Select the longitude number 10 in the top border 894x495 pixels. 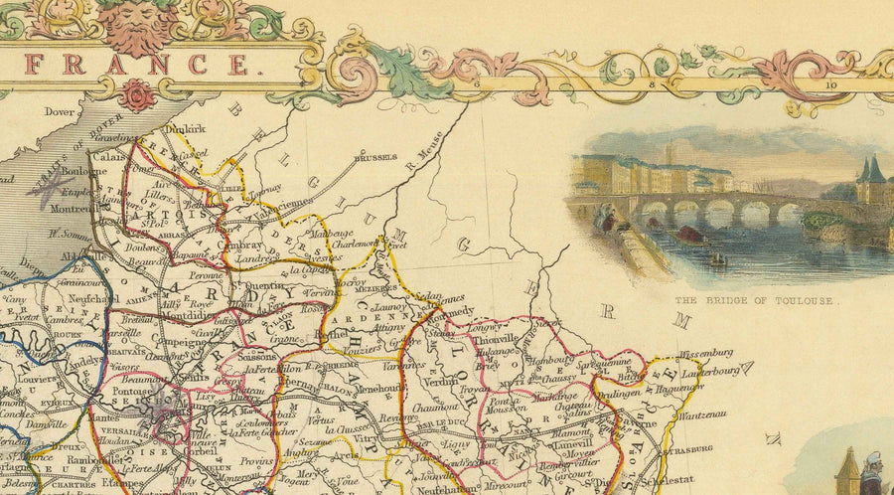tap(831, 85)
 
